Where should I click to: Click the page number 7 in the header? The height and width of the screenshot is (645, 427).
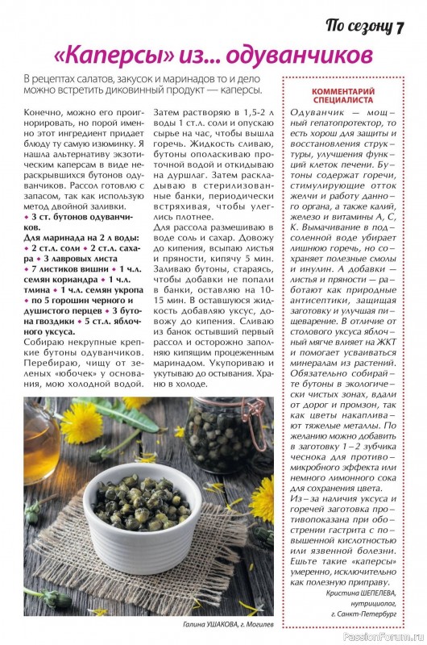coord(399,26)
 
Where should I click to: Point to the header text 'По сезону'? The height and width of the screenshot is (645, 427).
coord(359,26)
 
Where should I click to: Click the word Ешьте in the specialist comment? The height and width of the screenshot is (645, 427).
coord(304,559)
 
